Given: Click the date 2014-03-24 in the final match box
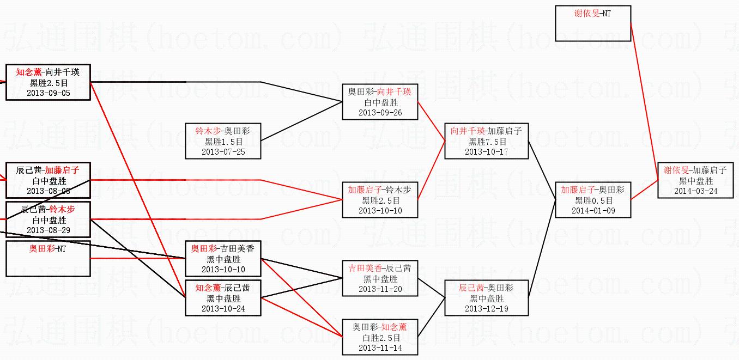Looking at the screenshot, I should click(695, 191).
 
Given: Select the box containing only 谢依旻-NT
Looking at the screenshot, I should click(593, 23).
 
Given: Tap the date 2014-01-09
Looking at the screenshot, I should click(593, 211).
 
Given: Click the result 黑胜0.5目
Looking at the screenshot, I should click(593, 200).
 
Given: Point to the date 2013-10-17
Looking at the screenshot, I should click(486, 152).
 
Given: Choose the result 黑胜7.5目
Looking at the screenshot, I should click(486, 142).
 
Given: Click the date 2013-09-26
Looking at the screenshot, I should click(380, 113).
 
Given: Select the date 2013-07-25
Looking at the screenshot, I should click(223, 152).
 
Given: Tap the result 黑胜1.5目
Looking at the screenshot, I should click(223, 142).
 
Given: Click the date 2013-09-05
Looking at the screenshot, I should click(48, 93).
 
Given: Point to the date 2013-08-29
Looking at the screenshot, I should click(48, 230).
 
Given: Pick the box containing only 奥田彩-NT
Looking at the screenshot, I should click(48, 259).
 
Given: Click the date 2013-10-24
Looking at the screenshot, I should click(223, 309).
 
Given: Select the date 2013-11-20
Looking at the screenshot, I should click(380, 289).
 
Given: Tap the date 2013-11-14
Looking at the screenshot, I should click(380, 348).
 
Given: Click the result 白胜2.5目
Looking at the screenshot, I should click(380, 338).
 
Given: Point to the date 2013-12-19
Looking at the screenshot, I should click(486, 309).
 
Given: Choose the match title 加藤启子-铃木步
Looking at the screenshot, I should click(380, 190).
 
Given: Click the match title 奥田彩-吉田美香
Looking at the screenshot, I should click(223, 248).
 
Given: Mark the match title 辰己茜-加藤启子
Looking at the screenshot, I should click(48, 170).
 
